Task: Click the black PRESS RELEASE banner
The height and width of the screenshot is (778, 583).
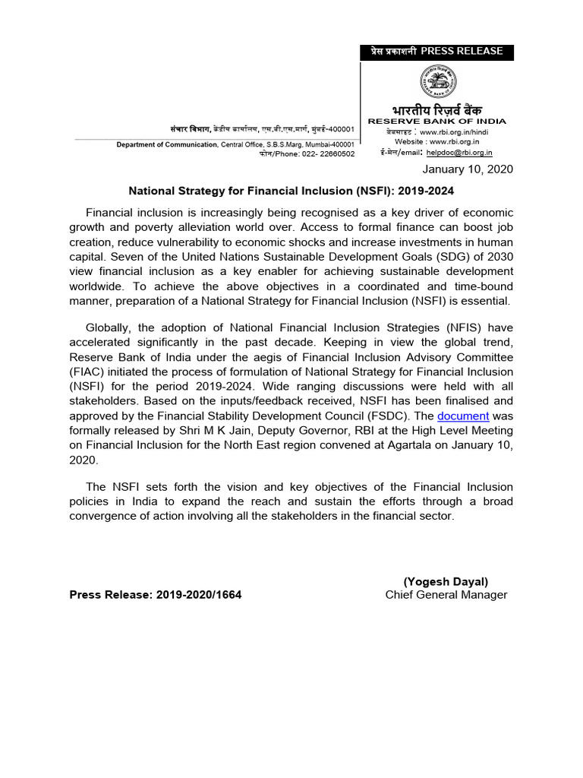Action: (436, 52)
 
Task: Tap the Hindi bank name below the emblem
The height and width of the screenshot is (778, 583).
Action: (437, 109)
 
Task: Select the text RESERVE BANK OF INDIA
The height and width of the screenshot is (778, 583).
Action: (437, 122)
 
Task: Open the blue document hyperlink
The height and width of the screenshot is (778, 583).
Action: (463, 416)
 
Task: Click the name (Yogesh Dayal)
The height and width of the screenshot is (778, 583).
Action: (446, 581)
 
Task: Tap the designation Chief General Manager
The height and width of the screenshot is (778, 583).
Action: (446, 595)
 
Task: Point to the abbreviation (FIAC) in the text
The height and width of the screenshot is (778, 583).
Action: (89, 373)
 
